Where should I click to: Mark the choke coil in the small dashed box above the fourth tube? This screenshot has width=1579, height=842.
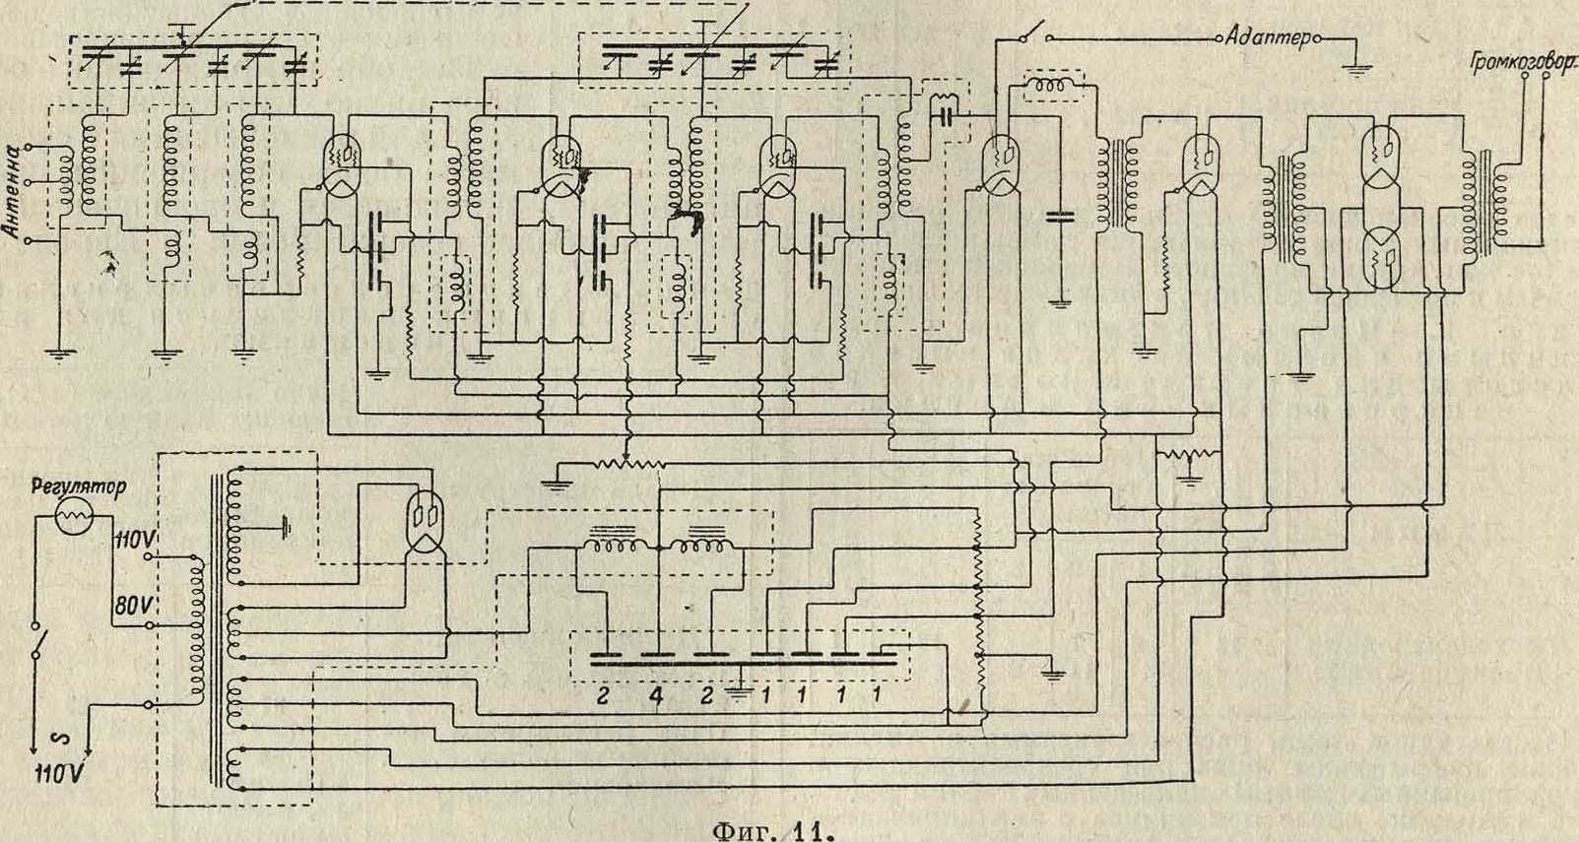tap(1053, 87)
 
